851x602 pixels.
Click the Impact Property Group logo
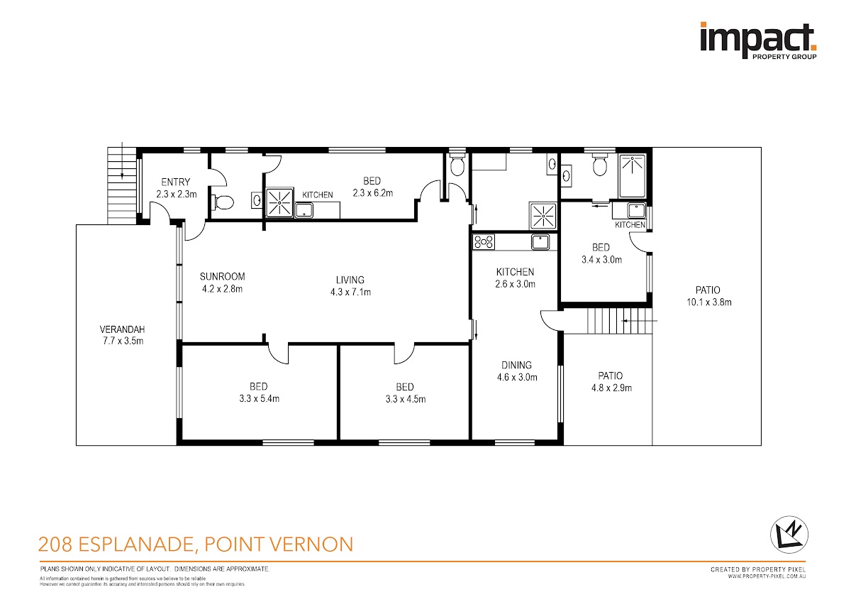coord(758,41)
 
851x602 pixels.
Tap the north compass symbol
coord(789,535)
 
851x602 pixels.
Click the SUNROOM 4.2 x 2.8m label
coord(222,283)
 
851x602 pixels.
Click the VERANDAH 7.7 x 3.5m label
coord(122,335)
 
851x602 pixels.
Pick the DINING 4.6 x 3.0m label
coord(517,371)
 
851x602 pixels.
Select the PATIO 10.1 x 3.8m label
coord(708,296)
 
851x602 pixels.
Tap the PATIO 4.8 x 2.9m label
coord(611,382)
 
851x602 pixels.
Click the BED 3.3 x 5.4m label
coord(259,393)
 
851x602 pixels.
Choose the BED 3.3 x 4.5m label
coord(406,393)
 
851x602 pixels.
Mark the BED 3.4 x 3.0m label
coord(601,253)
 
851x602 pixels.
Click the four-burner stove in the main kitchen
coord(484,242)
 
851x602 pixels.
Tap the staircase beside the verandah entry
coord(122,185)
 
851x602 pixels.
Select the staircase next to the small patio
coord(620,321)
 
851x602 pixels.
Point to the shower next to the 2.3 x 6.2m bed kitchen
coord(279,203)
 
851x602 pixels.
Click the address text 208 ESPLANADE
coord(116,544)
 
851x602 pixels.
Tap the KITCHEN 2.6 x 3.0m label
coord(515,278)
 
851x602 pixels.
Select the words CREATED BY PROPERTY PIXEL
coord(758,569)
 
